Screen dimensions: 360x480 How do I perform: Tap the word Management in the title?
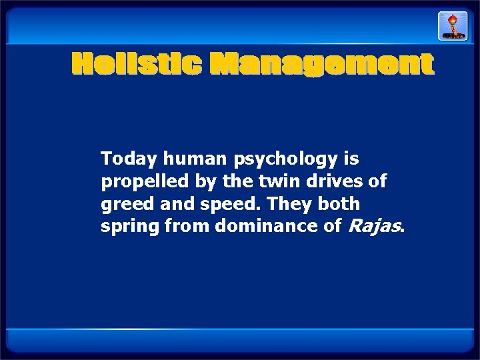click(322, 65)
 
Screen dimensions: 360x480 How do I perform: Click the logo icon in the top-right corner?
click(451, 26)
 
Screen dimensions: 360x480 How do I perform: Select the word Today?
click(129, 159)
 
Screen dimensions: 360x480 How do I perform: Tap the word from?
click(185, 227)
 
